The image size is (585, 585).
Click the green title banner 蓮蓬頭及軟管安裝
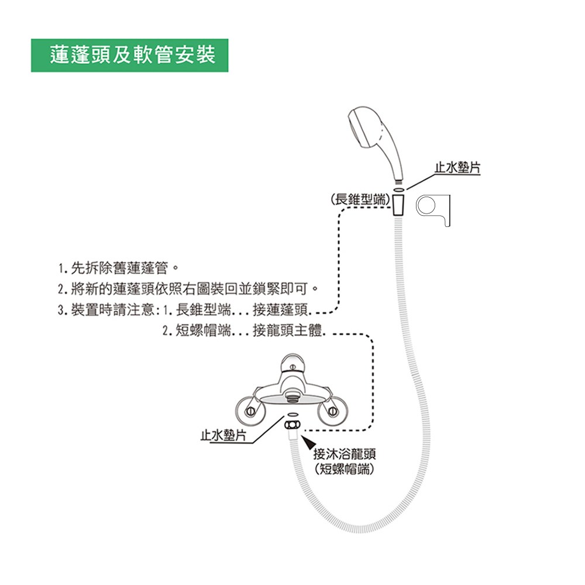pyautogui.click(x=129, y=55)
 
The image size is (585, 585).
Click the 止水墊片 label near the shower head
pyautogui.click(x=457, y=168)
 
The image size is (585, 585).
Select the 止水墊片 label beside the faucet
pyautogui.click(x=223, y=435)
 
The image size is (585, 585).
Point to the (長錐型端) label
pyautogui.click(x=360, y=199)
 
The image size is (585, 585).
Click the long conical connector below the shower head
pyautogui.click(x=398, y=205)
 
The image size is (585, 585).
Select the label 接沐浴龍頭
pyautogui.click(x=345, y=454)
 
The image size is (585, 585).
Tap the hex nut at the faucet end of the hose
pyautogui.click(x=292, y=425)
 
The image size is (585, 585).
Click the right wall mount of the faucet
pyautogui.click(x=332, y=411)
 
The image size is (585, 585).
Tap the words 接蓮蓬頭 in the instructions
pyautogui.click(x=280, y=309)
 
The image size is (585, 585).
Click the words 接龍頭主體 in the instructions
pyautogui.click(x=287, y=331)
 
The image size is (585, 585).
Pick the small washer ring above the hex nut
pyautogui.click(x=292, y=415)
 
